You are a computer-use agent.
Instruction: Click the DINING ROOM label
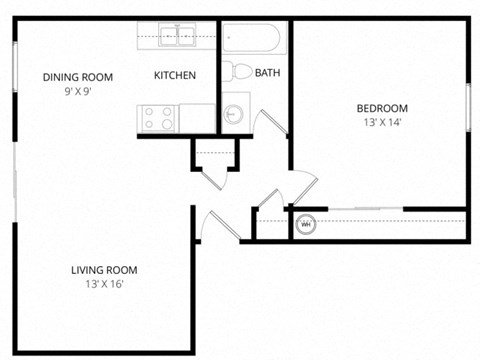pyautogui.click(x=77, y=77)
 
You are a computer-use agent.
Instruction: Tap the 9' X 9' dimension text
pyautogui.click(x=77, y=91)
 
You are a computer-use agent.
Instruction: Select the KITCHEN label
pyautogui.click(x=175, y=76)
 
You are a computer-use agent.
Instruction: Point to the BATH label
pyautogui.click(x=268, y=73)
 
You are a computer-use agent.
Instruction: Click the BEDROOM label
pyautogui.click(x=383, y=108)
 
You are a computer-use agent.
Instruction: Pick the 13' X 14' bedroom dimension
pyautogui.click(x=383, y=123)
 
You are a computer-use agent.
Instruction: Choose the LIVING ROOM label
pyautogui.click(x=104, y=269)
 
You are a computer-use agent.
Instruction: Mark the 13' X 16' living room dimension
pyautogui.click(x=104, y=284)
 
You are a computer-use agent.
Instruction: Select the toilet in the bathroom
pyautogui.click(x=239, y=71)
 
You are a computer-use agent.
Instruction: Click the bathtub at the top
pyautogui.click(x=254, y=39)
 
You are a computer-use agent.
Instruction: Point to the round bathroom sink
pyautogui.click(x=233, y=114)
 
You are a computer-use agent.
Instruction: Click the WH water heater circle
pyautogui.click(x=306, y=225)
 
